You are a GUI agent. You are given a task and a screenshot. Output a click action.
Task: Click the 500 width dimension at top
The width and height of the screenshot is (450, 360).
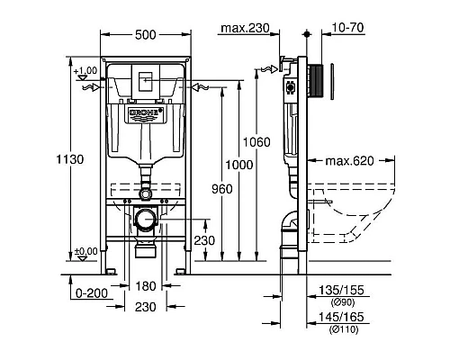(x=146, y=35)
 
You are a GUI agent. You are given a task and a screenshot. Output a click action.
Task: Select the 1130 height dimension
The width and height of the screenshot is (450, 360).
(x=70, y=159)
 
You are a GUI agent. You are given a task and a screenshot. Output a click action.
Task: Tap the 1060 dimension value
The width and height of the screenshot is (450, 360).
(x=256, y=142)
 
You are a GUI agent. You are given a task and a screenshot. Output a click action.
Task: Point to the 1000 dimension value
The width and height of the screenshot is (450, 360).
(x=239, y=165)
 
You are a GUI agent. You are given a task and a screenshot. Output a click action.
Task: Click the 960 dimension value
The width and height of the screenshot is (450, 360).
(x=222, y=189)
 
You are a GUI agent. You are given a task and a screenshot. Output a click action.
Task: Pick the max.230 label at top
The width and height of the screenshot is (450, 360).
(x=245, y=28)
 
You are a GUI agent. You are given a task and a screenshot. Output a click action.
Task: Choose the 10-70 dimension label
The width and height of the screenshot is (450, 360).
(x=348, y=28)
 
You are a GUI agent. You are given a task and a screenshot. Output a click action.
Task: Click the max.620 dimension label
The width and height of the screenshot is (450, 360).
(x=349, y=161)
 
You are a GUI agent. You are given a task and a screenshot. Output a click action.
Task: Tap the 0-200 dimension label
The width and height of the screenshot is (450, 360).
(x=92, y=293)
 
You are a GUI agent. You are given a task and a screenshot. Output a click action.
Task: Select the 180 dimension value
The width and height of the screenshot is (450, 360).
(x=146, y=286)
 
